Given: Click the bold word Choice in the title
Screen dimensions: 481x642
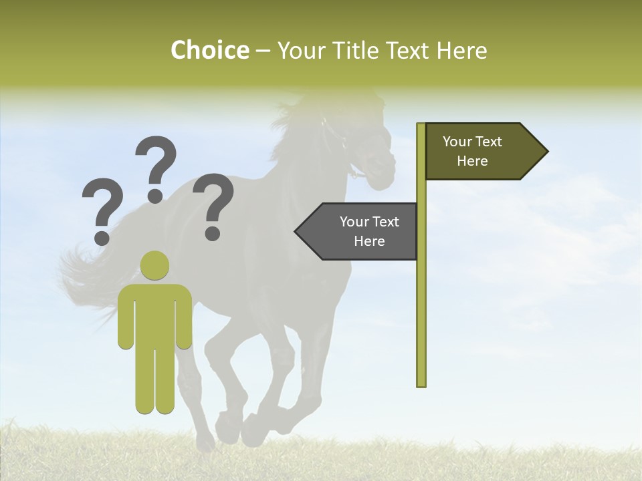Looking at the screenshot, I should pos(209,50).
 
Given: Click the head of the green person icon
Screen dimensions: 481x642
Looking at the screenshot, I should pos(155,265).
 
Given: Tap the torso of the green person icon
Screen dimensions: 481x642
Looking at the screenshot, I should pos(155,314).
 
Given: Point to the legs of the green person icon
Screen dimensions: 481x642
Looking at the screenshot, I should pos(155,381).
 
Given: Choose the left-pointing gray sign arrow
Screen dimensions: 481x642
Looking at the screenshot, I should pos(358,231).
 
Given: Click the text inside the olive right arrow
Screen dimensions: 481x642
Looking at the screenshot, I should pos(472,152).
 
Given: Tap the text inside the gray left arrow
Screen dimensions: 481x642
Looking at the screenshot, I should pos(369,231).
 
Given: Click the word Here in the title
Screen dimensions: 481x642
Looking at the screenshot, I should pos(462,50).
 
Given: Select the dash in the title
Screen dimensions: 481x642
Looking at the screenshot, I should pos(263,51).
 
